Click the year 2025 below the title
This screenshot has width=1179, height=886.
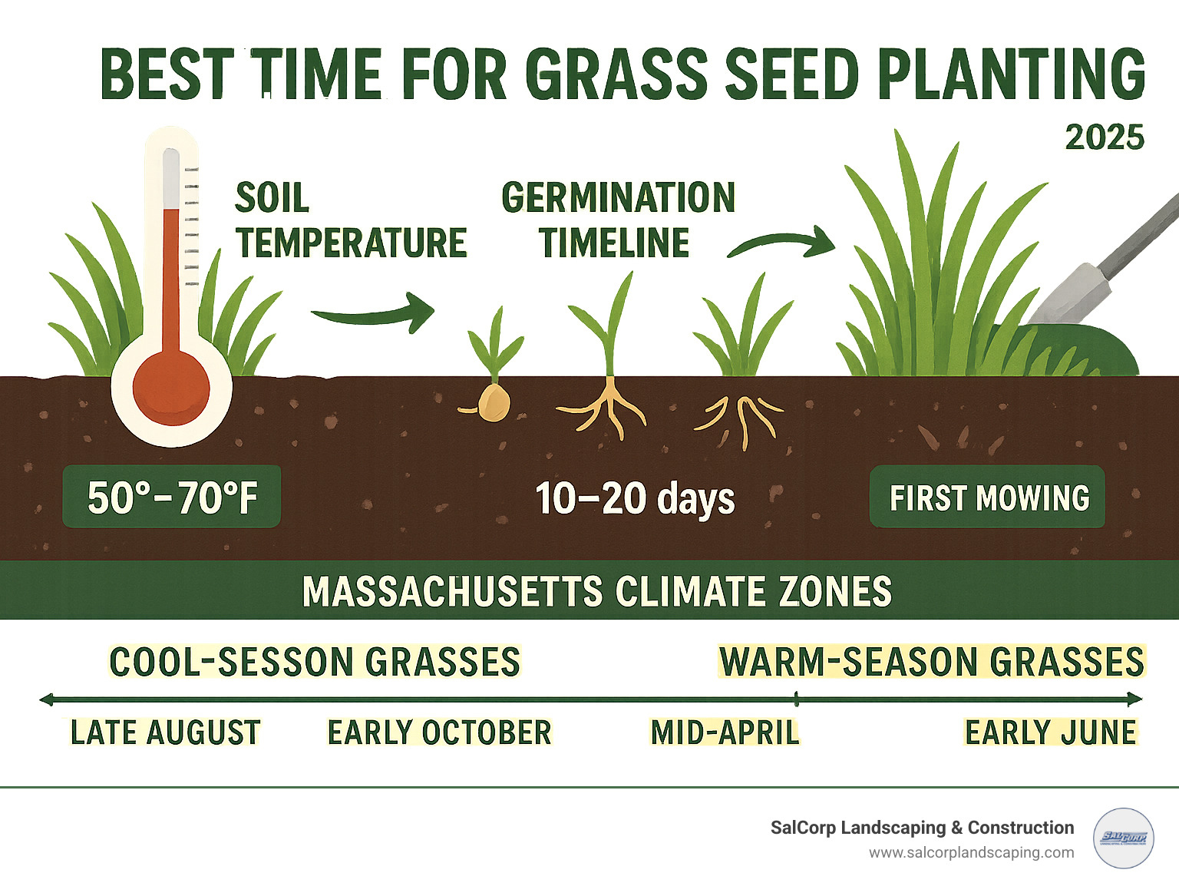(1105, 137)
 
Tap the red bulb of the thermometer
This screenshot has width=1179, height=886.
(171, 387)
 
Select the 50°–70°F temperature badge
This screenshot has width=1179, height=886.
(172, 497)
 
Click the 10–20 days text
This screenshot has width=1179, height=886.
(634, 498)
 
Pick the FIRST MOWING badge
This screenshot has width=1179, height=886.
(988, 498)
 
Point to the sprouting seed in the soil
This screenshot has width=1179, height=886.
(492, 401)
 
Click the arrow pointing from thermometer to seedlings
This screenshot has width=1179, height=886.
(374, 312)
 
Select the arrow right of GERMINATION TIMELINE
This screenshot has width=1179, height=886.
(781, 243)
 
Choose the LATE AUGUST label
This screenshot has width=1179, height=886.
(165, 732)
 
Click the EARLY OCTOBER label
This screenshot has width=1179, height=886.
(439, 732)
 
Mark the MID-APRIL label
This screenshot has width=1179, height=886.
(725, 732)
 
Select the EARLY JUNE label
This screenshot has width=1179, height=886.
(1050, 732)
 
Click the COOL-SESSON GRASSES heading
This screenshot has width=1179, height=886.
(315, 662)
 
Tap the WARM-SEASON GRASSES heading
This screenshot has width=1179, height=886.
(931, 662)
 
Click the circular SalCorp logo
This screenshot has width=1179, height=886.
(1123, 838)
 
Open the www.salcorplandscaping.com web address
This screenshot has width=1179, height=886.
(971, 853)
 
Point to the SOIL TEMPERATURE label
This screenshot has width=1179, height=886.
(350, 220)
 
